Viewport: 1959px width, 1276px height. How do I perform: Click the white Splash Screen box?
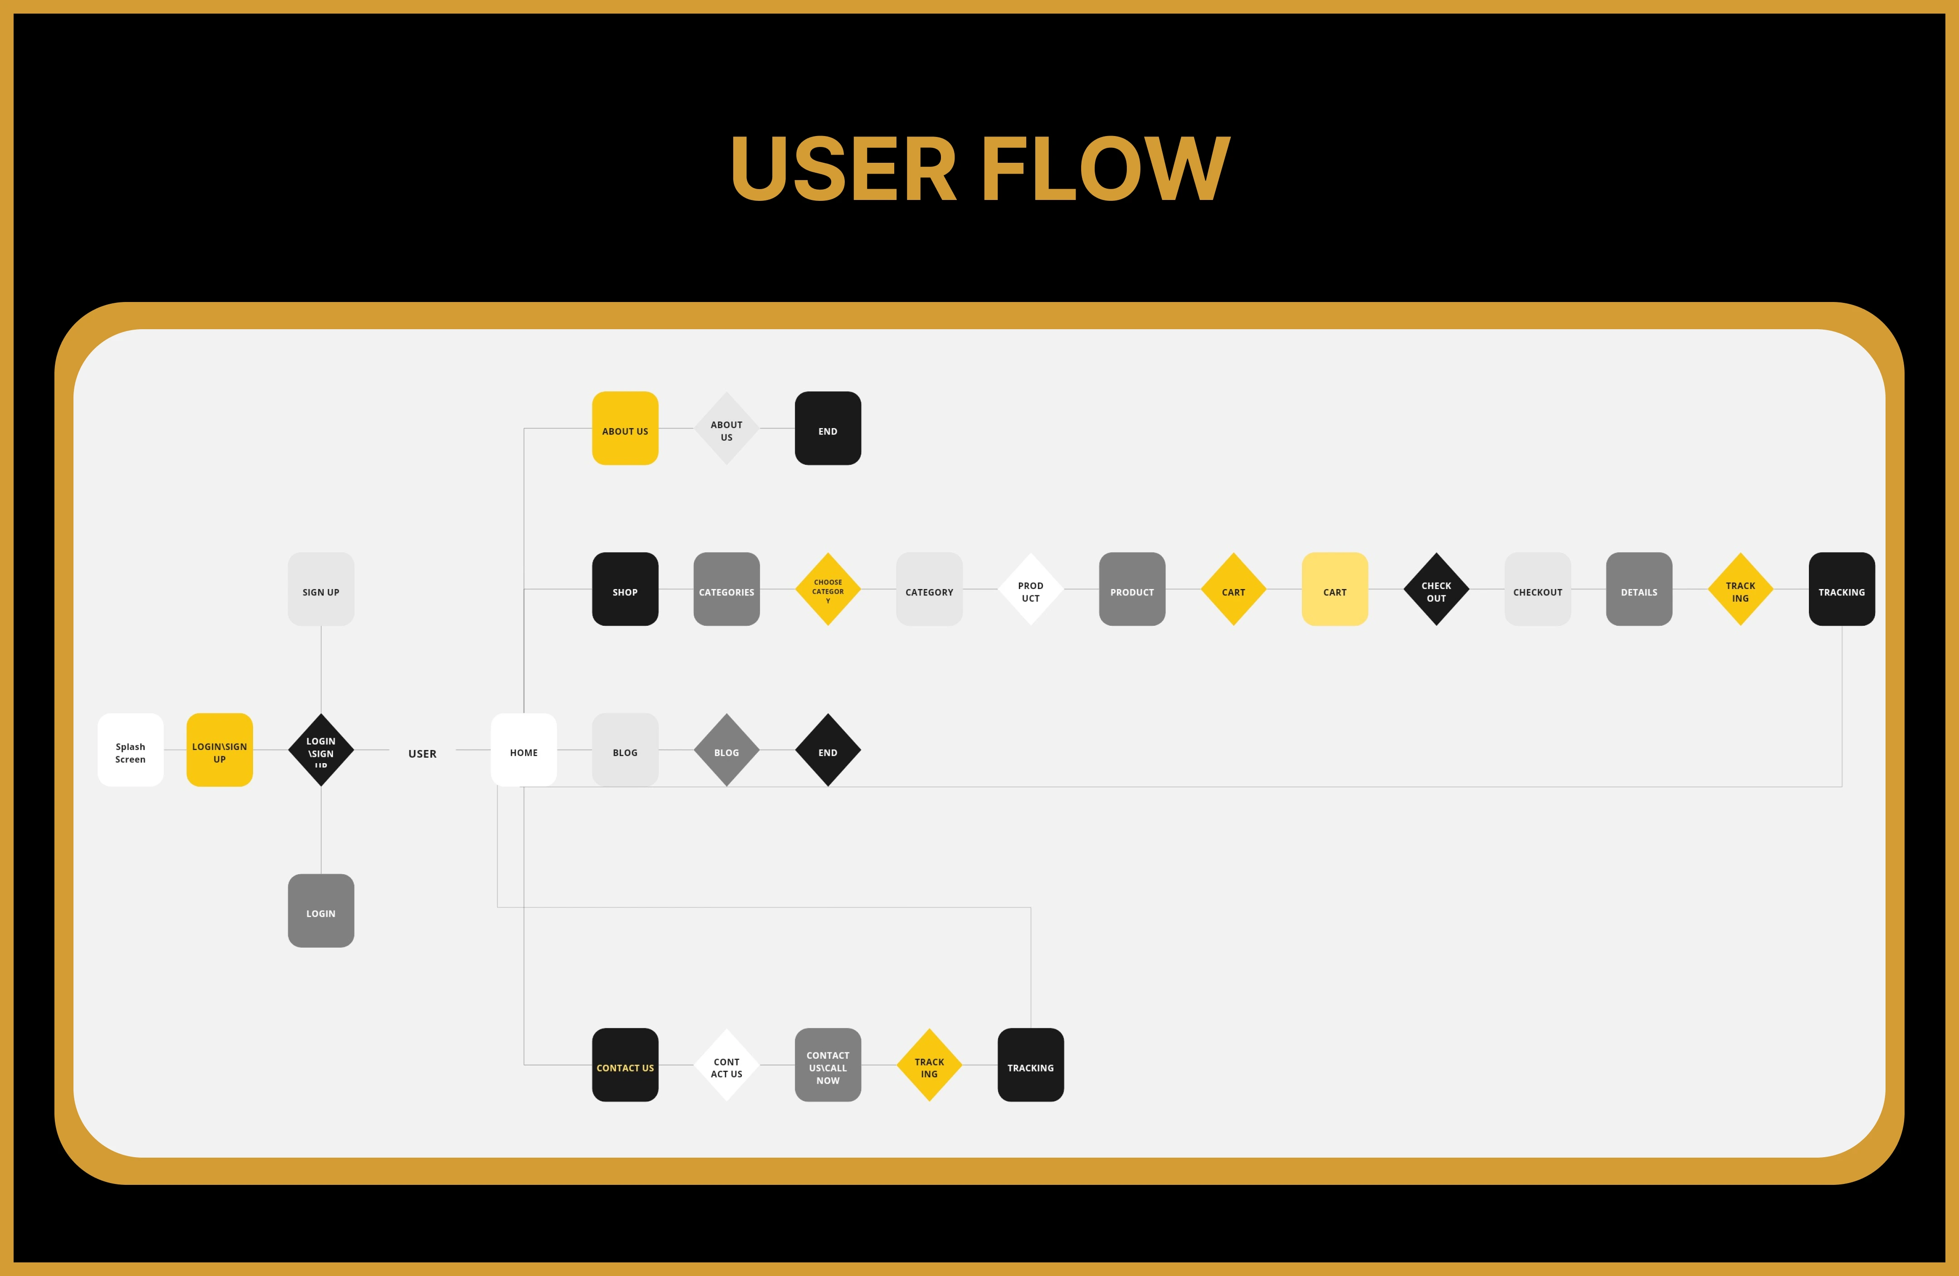[130, 750]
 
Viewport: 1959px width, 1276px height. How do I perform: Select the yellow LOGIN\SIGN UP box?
[219, 750]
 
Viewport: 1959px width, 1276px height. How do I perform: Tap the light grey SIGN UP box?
[321, 589]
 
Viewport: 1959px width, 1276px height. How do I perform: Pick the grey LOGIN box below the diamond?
[321, 911]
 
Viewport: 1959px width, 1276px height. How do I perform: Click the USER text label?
[422, 753]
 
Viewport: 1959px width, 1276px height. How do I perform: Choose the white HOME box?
[523, 750]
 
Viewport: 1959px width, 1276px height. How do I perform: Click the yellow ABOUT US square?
[625, 428]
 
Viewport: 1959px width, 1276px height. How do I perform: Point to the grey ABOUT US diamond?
[726, 428]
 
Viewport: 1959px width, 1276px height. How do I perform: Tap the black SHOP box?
[625, 589]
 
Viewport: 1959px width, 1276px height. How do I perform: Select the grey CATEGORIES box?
[726, 589]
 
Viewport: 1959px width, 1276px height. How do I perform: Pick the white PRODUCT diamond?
[1031, 589]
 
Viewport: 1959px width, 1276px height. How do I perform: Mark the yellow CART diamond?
[1233, 589]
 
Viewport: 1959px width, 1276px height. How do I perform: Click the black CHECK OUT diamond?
[1436, 589]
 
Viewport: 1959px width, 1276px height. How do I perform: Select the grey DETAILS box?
[1639, 589]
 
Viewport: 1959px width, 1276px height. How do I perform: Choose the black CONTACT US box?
[625, 1064]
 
